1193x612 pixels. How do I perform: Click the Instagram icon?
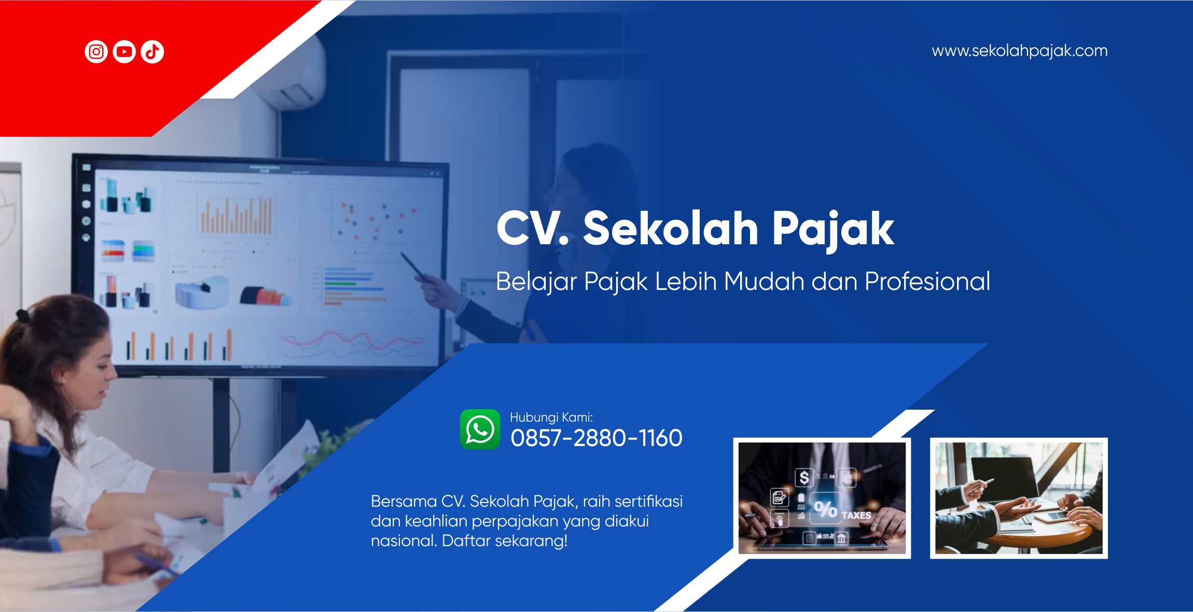[x=96, y=52]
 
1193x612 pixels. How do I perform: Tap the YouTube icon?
[x=124, y=52]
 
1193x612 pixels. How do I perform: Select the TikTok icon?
[x=152, y=52]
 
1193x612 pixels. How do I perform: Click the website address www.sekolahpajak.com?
[x=1020, y=51]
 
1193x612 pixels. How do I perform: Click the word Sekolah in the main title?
[x=671, y=228]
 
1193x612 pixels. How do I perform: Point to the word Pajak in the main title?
[x=833, y=231]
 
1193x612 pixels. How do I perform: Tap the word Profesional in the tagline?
[x=927, y=281]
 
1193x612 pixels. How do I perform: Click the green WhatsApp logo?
[x=480, y=429]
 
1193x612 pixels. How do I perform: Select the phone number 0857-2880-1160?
[x=596, y=438]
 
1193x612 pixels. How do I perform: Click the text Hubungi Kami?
[x=551, y=417]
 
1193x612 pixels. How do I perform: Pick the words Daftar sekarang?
[x=505, y=541]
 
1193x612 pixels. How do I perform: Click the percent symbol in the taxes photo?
[x=825, y=509]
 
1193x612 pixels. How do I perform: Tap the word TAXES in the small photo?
[x=856, y=516]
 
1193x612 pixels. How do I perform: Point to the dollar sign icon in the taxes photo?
[x=804, y=477]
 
